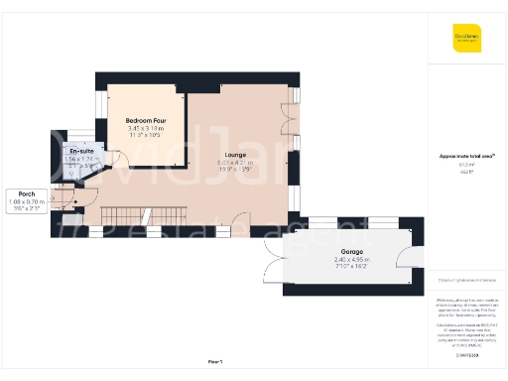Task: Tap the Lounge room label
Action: pyautogui.click(x=235, y=155)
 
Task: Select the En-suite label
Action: pyautogui.click(x=68, y=151)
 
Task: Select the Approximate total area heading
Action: pyautogui.click(x=466, y=155)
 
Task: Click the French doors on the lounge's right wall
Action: pyautogui.click(x=287, y=123)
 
